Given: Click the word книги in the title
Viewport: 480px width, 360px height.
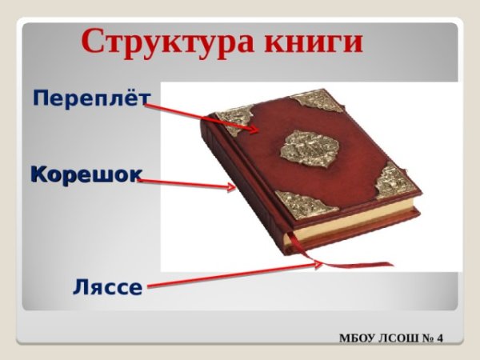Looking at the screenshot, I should click(308, 42).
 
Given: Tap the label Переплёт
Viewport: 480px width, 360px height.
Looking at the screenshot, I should click(91, 100).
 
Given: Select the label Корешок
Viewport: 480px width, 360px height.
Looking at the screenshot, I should click(86, 175).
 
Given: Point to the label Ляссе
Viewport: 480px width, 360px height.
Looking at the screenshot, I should click(107, 286).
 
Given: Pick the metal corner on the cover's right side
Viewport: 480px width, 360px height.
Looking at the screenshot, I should click(397, 179).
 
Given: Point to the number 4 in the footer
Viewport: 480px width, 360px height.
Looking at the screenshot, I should click(439, 338).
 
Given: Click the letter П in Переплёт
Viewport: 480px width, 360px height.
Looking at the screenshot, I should click(41, 100).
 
